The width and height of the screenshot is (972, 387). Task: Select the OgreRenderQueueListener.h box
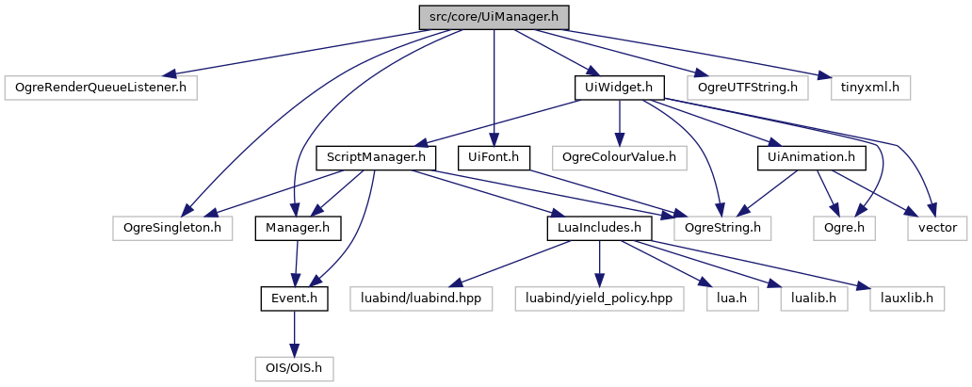coord(102,89)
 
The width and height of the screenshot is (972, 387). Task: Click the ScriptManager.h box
coord(377,156)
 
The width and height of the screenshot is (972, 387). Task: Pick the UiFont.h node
coord(494,156)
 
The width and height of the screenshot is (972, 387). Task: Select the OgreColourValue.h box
coord(619,156)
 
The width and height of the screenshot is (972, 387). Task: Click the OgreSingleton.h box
coord(170,227)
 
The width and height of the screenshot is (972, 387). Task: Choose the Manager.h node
coord(298,227)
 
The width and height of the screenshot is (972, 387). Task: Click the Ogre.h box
coord(845,227)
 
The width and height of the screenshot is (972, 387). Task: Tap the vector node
coord(936,227)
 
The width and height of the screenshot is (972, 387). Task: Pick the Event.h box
coord(295,298)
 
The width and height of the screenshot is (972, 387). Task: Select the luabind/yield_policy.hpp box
coord(598,298)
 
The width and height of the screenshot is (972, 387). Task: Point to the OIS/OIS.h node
coord(295,367)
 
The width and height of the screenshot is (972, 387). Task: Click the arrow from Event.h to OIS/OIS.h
coord(295,332)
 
